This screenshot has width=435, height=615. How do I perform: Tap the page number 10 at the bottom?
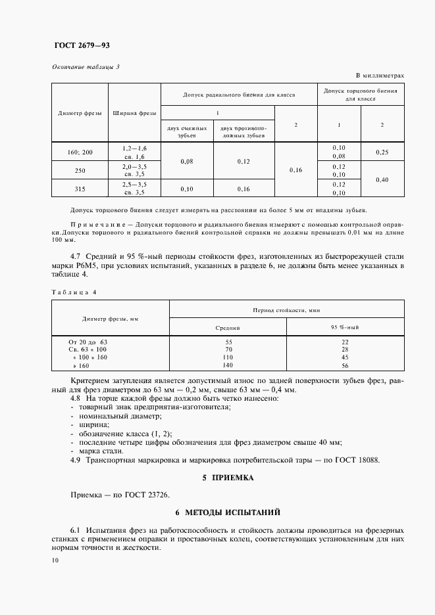[x=55, y=560]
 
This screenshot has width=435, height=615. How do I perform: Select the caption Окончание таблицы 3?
[x=86, y=67]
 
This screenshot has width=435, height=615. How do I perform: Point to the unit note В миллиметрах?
[x=380, y=76]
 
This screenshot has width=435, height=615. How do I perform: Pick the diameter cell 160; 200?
[x=80, y=152]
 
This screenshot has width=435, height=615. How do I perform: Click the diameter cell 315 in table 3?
[x=80, y=189]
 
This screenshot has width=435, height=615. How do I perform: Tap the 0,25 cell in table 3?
[x=382, y=152]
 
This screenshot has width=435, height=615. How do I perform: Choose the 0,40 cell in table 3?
[x=382, y=179]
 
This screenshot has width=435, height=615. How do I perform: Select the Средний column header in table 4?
[x=228, y=327]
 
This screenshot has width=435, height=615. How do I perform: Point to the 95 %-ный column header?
[x=344, y=327]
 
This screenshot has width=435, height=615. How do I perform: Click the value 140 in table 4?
[x=228, y=365]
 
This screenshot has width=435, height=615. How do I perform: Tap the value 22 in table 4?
[x=344, y=342]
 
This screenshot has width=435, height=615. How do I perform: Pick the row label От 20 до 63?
[x=88, y=342]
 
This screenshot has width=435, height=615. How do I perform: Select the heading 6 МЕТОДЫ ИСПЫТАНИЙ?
[x=228, y=511]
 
